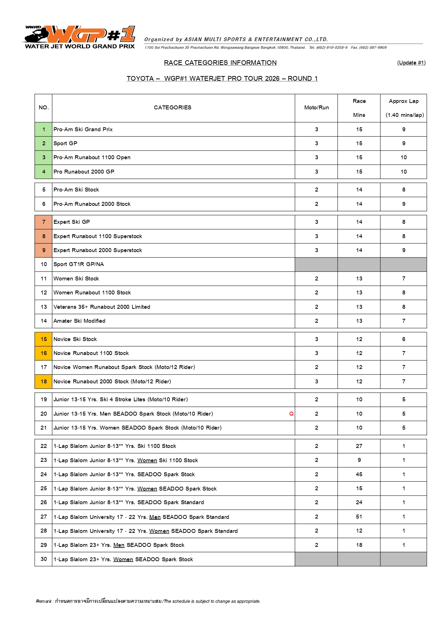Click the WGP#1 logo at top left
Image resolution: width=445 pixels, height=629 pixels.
[x=80, y=37]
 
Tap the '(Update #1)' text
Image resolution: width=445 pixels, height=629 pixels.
[x=411, y=63]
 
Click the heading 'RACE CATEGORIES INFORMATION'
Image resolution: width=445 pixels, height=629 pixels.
[x=220, y=63]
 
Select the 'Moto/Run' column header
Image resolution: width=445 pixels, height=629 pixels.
[x=316, y=108]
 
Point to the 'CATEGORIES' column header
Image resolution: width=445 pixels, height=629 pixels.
[x=173, y=108]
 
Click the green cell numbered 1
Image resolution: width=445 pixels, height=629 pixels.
[x=44, y=129]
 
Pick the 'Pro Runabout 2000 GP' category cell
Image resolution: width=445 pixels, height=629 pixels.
[x=84, y=172]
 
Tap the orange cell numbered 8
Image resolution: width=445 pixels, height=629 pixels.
[x=44, y=236]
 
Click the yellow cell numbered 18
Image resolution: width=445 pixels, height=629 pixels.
[x=44, y=382]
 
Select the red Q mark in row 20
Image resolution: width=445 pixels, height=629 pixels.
[x=291, y=414]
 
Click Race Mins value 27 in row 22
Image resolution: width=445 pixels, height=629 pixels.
[x=359, y=446]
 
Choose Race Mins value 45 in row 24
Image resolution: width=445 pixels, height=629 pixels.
[x=359, y=474]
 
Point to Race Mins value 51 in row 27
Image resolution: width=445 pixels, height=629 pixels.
[x=359, y=517]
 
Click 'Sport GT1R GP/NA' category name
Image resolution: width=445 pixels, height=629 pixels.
[x=79, y=264]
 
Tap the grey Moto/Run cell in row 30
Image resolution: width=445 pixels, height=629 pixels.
[x=316, y=559]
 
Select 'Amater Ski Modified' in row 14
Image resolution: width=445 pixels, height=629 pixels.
[x=79, y=321]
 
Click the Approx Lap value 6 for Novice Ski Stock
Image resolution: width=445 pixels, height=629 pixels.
[x=404, y=339]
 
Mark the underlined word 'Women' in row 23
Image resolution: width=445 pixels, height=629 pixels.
[x=147, y=460]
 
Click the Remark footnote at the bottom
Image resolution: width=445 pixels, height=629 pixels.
[x=148, y=601]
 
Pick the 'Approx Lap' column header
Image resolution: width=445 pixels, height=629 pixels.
[x=404, y=101]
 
